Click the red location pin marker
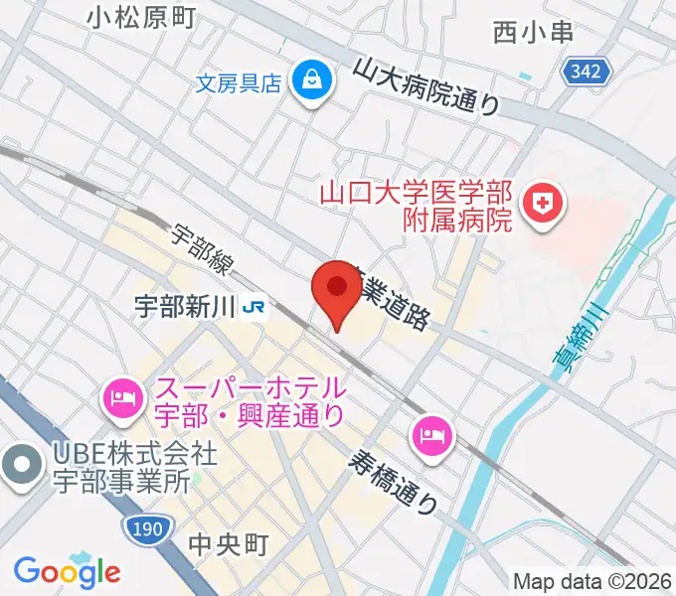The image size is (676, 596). point(336,290)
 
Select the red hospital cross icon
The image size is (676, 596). point(545,206)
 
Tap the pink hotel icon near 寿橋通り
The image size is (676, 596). point(433,433)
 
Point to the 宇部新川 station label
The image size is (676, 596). point(184,308)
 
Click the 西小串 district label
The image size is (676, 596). point(534,32)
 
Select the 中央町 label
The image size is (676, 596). point(228,543)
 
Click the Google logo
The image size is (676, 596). point(67,571)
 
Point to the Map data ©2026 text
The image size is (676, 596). point(591,581)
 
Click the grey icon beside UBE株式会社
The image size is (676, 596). point(21,465)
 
